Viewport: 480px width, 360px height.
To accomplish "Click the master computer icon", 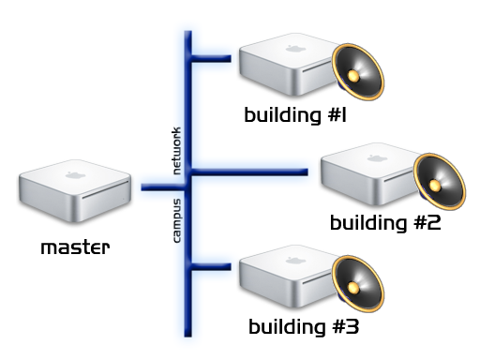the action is tap(75, 191).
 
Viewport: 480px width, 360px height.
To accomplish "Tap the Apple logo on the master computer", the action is tap(75, 175).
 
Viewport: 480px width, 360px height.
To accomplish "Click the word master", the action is tap(75, 247).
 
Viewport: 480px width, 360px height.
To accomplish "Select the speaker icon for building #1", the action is tap(358, 72).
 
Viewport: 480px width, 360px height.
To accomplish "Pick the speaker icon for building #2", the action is tap(440, 182).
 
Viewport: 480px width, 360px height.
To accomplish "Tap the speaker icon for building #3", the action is tap(358, 284).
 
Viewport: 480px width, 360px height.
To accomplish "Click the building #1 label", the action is tap(295, 115).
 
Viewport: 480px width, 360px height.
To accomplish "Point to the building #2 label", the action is tap(385, 223).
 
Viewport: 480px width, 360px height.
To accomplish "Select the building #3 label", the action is tap(304, 327).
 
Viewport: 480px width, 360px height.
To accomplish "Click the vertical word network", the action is tap(176, 151).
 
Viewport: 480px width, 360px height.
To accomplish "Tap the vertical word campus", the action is tap(176, 220).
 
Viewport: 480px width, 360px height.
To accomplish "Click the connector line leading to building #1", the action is tap(211, 58).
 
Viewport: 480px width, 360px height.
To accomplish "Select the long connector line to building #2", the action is tap(249, 172).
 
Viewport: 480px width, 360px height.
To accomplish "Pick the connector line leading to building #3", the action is tap(211, 266).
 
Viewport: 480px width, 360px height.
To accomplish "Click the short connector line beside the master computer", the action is tap(163, 187).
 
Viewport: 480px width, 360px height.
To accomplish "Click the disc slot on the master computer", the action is tap(106, 189).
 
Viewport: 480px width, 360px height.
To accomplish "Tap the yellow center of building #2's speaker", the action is tap(435, 186).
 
